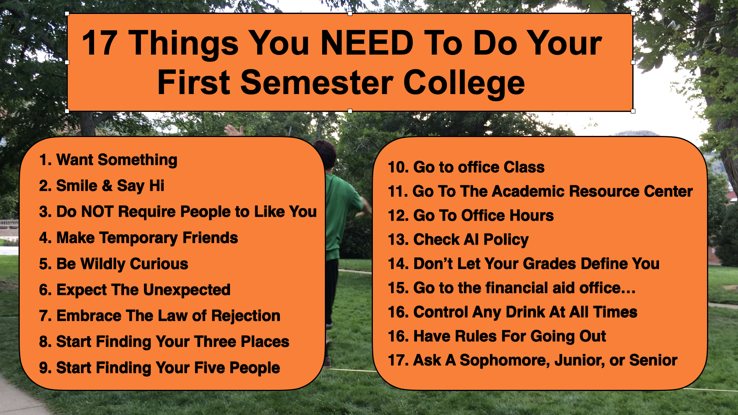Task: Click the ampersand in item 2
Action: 107,185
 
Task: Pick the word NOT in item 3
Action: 97,211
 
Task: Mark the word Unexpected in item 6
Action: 187,290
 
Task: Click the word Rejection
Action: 245,316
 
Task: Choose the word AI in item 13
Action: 471,239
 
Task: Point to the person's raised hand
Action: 234,130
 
